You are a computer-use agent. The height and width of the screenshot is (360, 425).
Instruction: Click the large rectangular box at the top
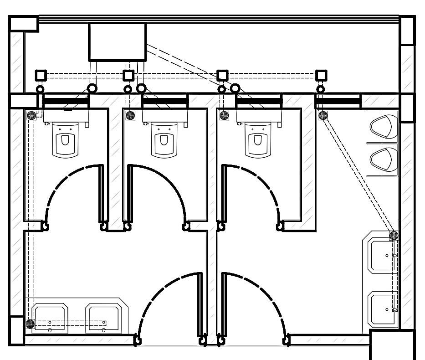point(117,42)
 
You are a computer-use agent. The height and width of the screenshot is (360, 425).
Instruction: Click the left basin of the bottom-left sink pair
point(51,317)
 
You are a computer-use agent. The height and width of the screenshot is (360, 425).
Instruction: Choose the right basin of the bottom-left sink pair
point(103,317)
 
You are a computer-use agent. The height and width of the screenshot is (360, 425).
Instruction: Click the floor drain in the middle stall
point(130,115)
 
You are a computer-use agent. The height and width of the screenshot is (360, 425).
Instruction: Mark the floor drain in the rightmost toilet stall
point(224,115)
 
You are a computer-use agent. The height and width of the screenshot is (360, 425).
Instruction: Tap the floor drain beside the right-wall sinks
point(394,235)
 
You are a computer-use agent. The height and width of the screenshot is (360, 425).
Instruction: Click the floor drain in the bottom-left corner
point(30,324)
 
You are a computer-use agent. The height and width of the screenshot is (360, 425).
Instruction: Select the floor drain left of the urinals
point(323,115)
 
